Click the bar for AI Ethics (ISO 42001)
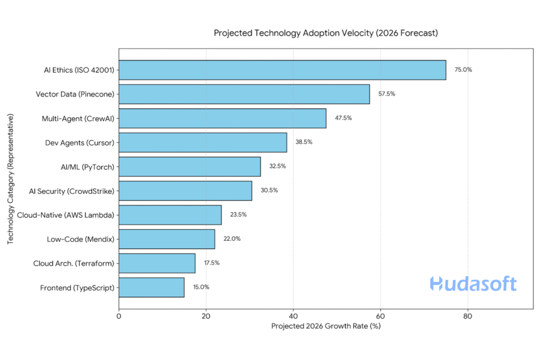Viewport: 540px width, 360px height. [282, 70]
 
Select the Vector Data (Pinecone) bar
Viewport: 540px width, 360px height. [244, 94]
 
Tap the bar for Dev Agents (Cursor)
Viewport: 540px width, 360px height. [202, 142]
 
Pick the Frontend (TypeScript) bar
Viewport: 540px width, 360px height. [151, 287]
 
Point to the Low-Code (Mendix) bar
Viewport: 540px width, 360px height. [167, 239]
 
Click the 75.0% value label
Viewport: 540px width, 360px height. [464, 70]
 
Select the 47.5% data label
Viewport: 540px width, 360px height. [343, 118]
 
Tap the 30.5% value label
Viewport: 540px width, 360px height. [269, 190]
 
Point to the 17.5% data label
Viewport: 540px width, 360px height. [213, 263]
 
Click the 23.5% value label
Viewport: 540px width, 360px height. [238, 215]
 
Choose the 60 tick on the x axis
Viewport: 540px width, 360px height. [380, 317]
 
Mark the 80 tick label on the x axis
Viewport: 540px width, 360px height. [468, 317]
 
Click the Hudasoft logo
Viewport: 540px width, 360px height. [473, 284]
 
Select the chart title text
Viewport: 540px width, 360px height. [325, 33]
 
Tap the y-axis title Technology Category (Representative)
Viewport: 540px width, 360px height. [11, 179]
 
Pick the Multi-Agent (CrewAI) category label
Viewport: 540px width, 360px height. [78, 119]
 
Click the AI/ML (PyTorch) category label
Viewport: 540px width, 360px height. [88, 167]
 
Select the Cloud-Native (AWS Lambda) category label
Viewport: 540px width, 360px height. [66, 215]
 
